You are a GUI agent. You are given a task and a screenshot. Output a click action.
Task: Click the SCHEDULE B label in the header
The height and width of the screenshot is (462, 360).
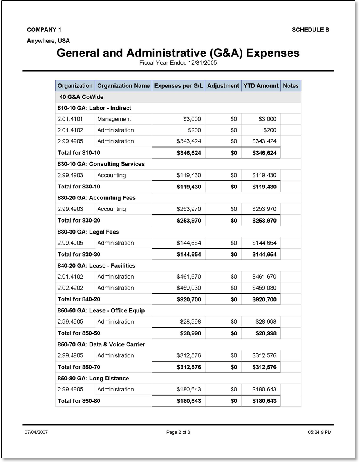pyautogui.click(x=310, y=30)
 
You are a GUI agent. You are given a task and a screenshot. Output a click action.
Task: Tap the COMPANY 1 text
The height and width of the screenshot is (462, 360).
pyautogui.click(x=44, y=30)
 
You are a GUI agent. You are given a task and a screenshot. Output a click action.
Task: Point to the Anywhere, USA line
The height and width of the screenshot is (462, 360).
pyautogui.click(x=48, y=41)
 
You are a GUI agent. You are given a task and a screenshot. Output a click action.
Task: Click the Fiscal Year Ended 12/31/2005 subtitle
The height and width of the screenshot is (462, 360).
pyautogui.click(x=178, y=63)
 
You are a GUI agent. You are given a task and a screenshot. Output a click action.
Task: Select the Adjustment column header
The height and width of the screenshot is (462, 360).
pyautogui.click(x=223, y=86)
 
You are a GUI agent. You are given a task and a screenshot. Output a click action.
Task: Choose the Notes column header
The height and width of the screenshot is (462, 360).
pyautogui.click(x=291, y=86)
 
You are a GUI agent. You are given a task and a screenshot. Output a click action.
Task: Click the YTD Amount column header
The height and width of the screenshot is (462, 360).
pyautogui.click(x=261, y=86)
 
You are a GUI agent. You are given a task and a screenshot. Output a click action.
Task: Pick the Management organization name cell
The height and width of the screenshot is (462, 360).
pyautogui.click(x=114, y=119)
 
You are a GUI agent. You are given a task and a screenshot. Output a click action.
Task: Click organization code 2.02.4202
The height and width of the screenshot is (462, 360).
pyautogui.click(x=70, y=288)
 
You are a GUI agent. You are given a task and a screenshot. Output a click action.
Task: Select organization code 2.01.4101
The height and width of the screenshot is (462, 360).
pyautogui.click(x=70, y=119)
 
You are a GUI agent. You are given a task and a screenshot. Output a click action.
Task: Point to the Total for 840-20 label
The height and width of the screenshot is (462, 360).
pyautogui.click(x=79, y=299)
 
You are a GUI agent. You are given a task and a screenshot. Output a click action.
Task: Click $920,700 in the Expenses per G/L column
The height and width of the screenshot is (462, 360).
pyautogui.click(x=188, y=299)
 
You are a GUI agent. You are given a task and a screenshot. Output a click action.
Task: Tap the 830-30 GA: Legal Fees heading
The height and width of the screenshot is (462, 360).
pyautogui.click(x=88, y=232)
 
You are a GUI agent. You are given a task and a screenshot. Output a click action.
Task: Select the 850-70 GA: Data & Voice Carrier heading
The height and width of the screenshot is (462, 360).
pyautogui.click(x=101, y=345)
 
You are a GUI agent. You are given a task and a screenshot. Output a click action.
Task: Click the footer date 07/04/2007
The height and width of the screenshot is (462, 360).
pyautogui.click(x=36, y=433)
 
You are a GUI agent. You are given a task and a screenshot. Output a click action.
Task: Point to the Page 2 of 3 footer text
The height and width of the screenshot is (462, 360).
pyautogui.click(x=178, y=433)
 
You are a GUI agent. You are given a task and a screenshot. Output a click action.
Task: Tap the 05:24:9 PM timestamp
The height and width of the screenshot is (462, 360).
pyautogui.click(x=320, y=433)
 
